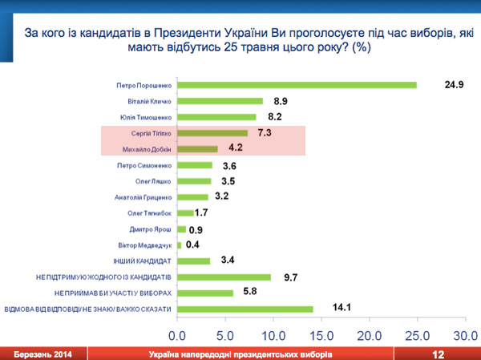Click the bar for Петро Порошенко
pos(297,85)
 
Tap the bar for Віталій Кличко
pos(220,101)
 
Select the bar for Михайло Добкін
pos(197,149)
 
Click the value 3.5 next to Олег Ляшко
pos(228,181)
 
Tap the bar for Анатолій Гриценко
pos(192,196)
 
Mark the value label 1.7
pos(203,212)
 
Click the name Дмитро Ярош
pos(152,229)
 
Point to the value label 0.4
pos(193,245)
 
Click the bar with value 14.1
pos(245,309)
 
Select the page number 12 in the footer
pos(438,354)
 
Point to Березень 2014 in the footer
pos(35,354)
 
